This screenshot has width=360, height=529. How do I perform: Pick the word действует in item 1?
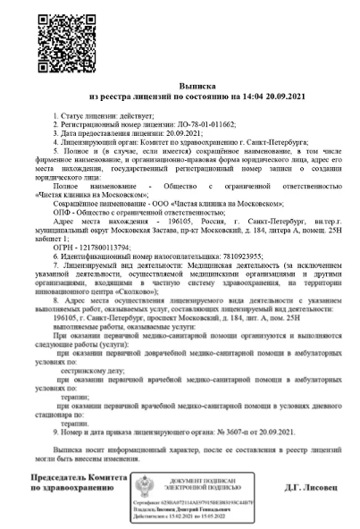[139, 116]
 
